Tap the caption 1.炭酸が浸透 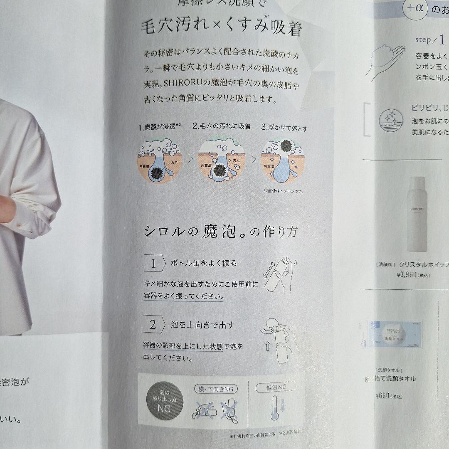point(160,127)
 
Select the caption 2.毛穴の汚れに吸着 point(221,126)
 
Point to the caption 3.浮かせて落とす point(284,128)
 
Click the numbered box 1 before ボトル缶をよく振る point(153,263)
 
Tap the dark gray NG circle point(164,401)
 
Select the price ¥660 point(383,395)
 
